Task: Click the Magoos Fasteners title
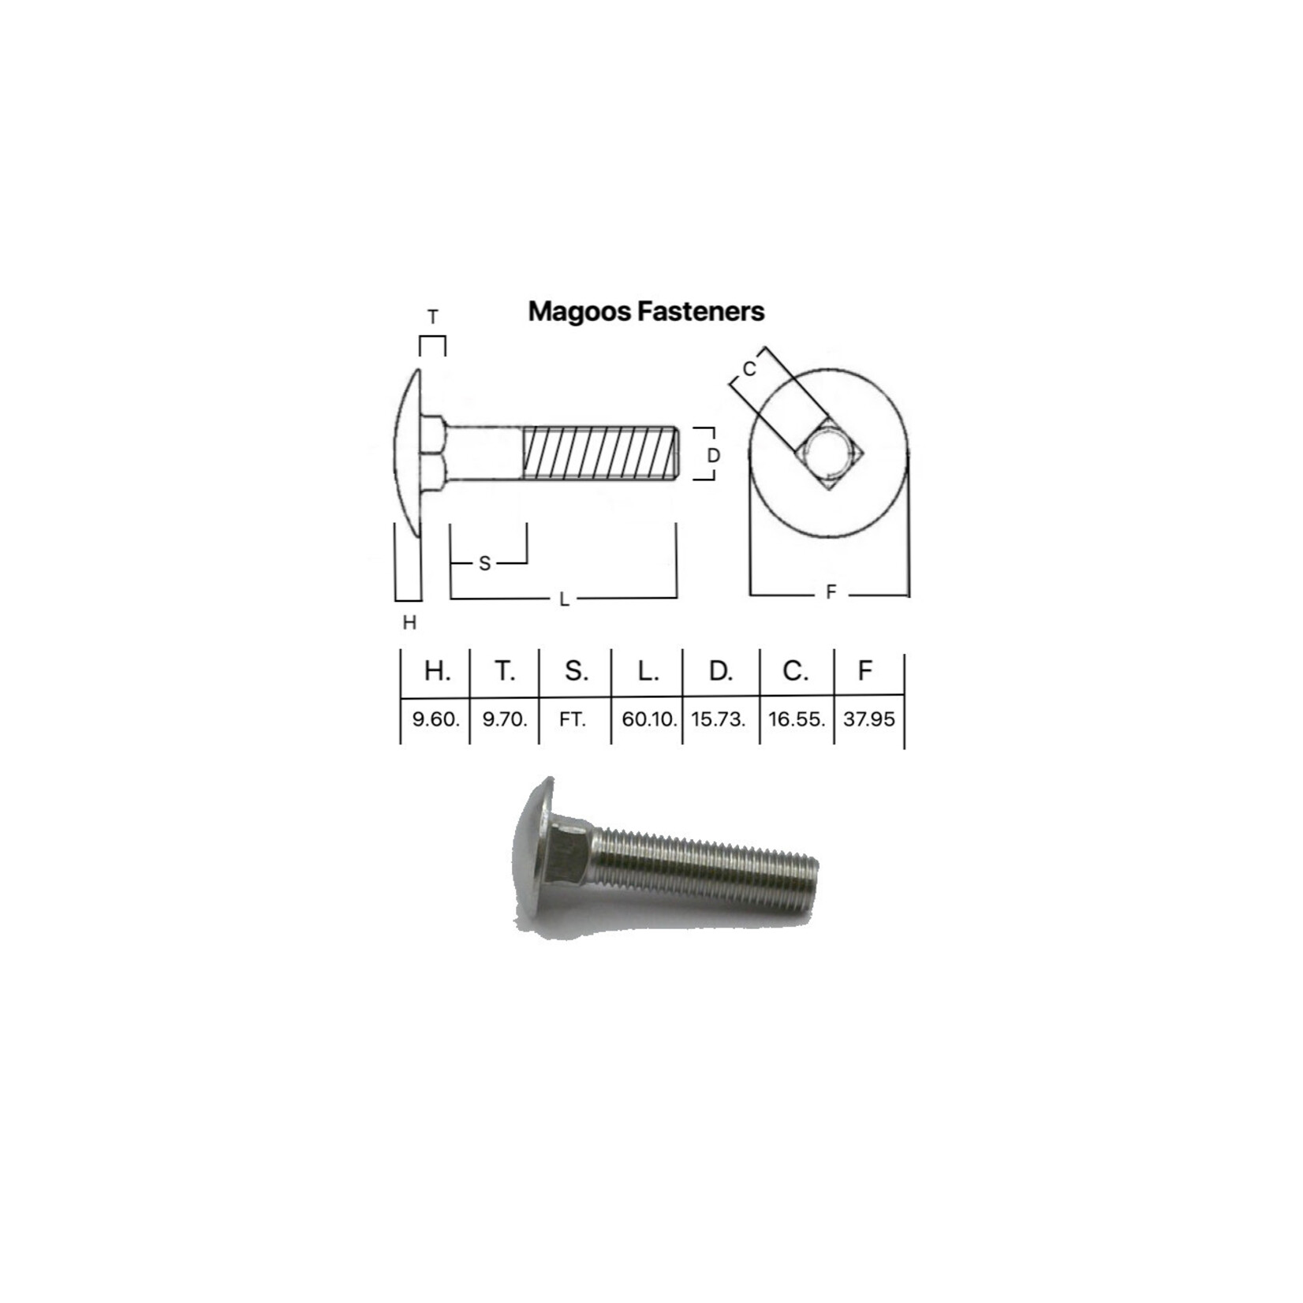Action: pyautogui.click(x=646, y=312)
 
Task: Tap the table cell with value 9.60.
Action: pyautogui.click(x=435, y=719)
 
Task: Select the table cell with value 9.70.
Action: pyautogui.click(x=505, y=719)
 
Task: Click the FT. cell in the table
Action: pyautogui.click(x=573, y=719)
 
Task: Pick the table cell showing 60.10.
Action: pyautogui.click(x=648, y=719)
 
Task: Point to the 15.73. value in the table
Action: pyautogui.click(x=719, y=719)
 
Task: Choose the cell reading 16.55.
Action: pyautogui.click(x=797, y=719)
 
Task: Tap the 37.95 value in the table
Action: pyautogui.click(x=868, y=719)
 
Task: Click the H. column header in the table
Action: pyautogui.click(x=437, y=671)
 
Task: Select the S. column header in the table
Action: pyautogui.click(x=576, y=671)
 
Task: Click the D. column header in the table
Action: pyautogui.click(x=720, y=671)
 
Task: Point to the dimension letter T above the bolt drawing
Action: pyautogui.click(x=432, y=317)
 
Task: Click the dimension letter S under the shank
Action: pyautogui.click(x=484, y=563)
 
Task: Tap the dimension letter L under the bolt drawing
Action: pyautogui.click(x=564, y=599)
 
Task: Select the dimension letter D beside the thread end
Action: pyautogui.click(x=713, y=455)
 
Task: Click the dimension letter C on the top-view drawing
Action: pyautogui.click(x=749, y=368)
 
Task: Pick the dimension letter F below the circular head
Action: pyautogui.click(x=830, y=592)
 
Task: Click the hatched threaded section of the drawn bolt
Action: pyautogui.click(x=599, y=453)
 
